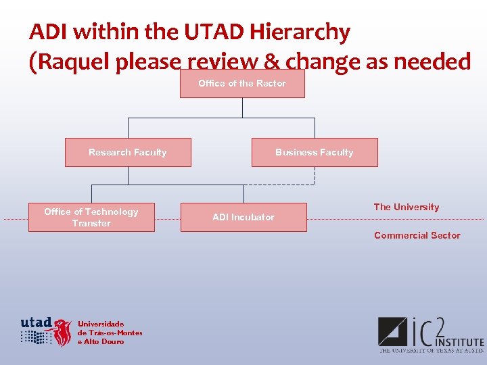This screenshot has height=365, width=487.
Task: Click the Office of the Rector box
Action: click(x=242, y=84)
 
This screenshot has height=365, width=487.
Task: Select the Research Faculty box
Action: click(x=128, y=153)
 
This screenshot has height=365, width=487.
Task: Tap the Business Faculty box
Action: click(x=315, y=153)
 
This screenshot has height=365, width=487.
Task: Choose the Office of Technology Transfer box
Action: click(x=91, y=218)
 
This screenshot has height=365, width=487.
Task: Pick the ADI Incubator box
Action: click(x=243, y=218)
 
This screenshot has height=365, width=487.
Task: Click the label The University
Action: click(x=406, y=208)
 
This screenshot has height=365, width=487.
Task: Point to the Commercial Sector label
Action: click(x=417, y=236)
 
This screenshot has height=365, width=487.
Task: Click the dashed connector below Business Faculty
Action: click(x=315, y=176)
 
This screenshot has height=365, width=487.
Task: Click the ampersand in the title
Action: click(x=272, y=62)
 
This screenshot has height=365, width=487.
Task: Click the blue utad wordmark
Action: click(x=37, y=322)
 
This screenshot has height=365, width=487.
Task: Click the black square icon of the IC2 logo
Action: click(x=392, y=331)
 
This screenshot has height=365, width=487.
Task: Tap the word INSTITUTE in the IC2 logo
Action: click(x=460, y=342)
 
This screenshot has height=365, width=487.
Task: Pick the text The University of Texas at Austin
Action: click(x=431, y=351)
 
